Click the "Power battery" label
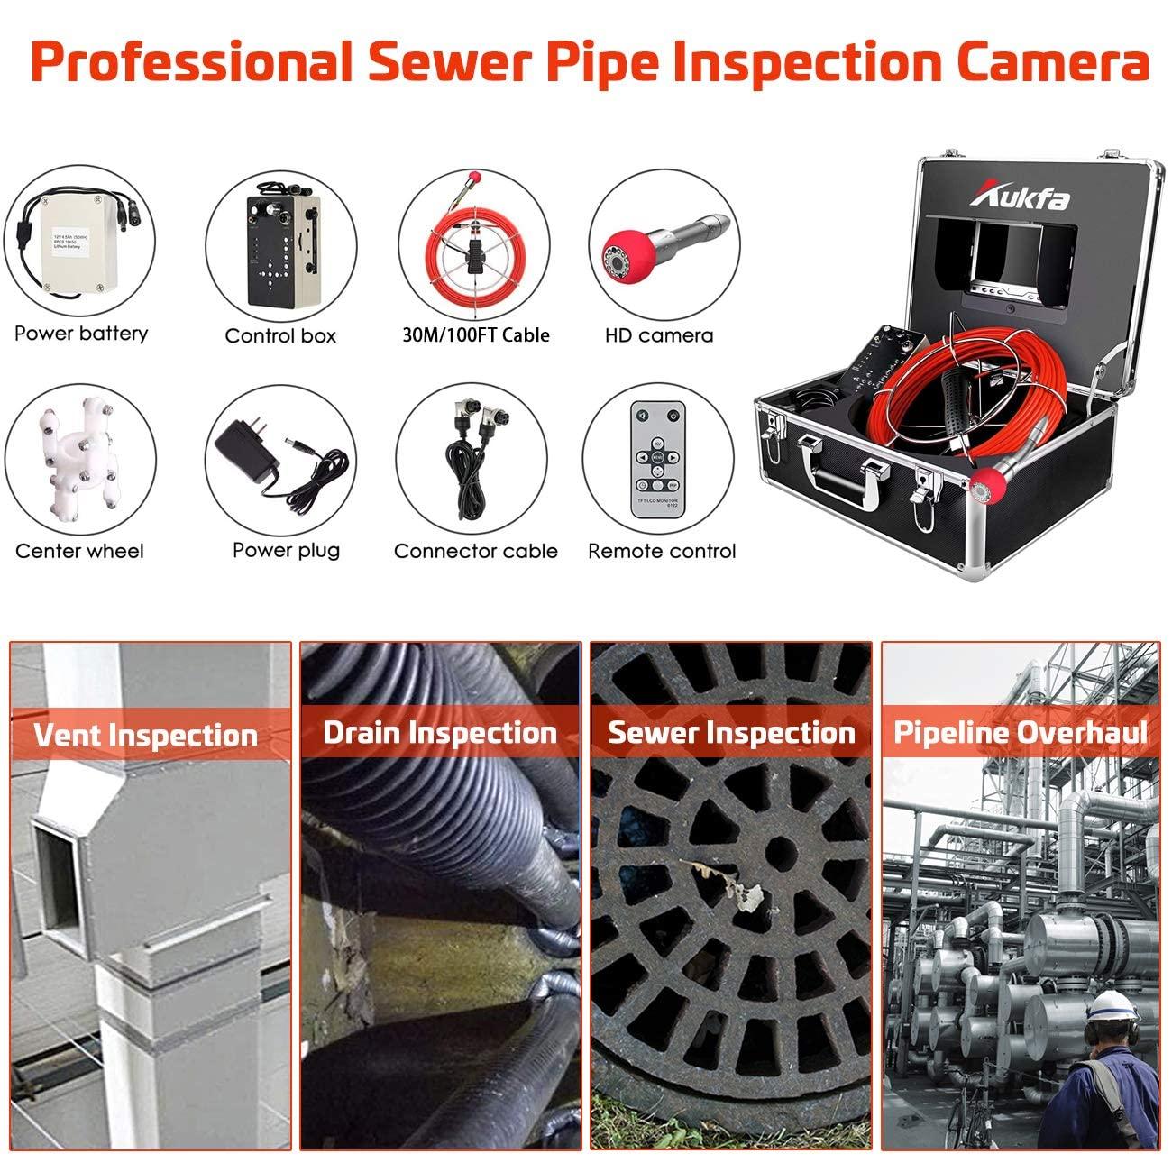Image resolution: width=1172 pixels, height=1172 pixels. pyautogui.click(x=80, y=334)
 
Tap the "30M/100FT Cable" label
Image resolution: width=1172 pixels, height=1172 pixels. pyautogui.click(x=475, y=335)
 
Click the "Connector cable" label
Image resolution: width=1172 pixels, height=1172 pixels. pyautogui.click(x=475, y=551)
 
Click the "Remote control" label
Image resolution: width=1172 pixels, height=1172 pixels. pyautogui.click(x=662, y=551)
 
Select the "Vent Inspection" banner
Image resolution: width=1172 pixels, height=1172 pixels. pyautogui.click(x=145, y=735)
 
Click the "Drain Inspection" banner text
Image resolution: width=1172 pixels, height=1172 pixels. pyautogui.click(x=440, y=732)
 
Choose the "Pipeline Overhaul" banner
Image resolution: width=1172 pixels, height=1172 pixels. pyautogui.click(x=1021, y=732)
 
